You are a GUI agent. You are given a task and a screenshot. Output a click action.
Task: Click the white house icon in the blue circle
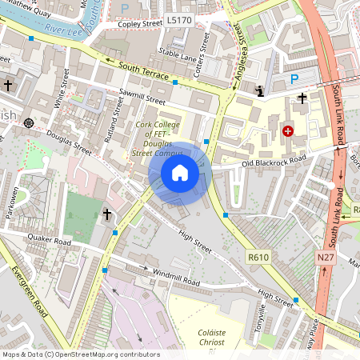click(180, 172)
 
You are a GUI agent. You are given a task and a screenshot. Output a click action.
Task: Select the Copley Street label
click(140, 24)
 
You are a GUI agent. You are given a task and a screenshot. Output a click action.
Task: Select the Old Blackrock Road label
click(274, 163)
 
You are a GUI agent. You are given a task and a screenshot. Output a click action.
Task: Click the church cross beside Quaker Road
click(107, 214)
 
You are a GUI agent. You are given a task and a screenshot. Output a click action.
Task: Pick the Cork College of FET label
click(165, 130)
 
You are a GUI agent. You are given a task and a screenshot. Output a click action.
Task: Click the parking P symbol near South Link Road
click(294, 78)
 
